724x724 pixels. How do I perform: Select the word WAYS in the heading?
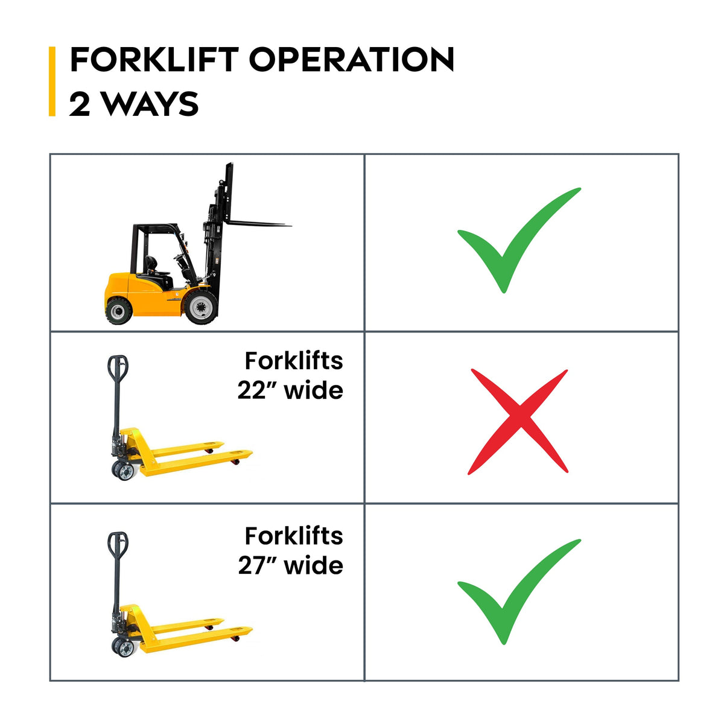[x=151, y=104]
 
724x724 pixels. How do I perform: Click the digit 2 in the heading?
[x=80, y=104]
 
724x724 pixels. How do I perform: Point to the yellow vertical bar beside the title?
[x=52, y=81]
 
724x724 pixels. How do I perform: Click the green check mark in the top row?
[x=519, y=240]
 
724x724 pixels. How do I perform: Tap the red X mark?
[x=518, y=422]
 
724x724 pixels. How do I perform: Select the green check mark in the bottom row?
[x=519, y=592]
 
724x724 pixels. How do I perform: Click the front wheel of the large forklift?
[x=202, y=307]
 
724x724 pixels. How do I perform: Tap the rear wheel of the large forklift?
[x=119, y=310]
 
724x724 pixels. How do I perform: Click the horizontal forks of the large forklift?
[x=258, y=224]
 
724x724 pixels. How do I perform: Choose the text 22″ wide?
[x=290, y=391]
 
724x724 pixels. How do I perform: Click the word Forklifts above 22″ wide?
[x=294, y=361]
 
